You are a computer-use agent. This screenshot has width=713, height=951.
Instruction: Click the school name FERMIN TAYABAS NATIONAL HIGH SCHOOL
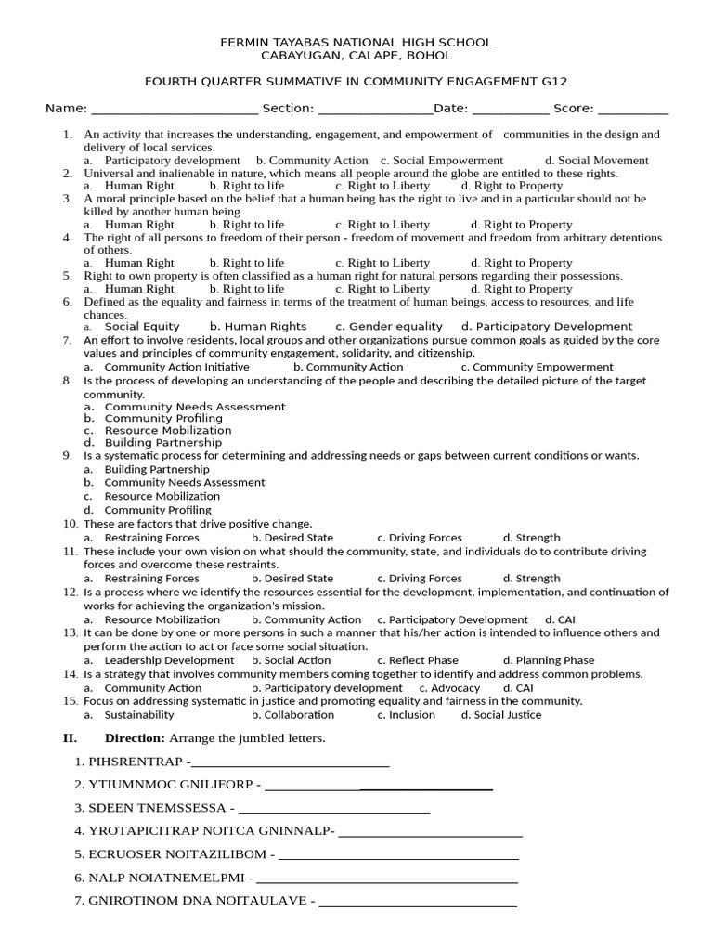356,43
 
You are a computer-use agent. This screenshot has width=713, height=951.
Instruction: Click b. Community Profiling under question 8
162,419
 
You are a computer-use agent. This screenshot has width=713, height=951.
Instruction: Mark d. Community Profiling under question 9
157,510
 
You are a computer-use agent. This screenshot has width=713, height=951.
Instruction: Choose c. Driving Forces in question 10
419,538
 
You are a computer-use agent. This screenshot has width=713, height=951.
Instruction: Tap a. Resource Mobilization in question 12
162,620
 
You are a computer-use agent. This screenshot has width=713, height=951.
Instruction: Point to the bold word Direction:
135,738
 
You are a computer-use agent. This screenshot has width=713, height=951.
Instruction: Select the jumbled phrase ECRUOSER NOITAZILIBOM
177,854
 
